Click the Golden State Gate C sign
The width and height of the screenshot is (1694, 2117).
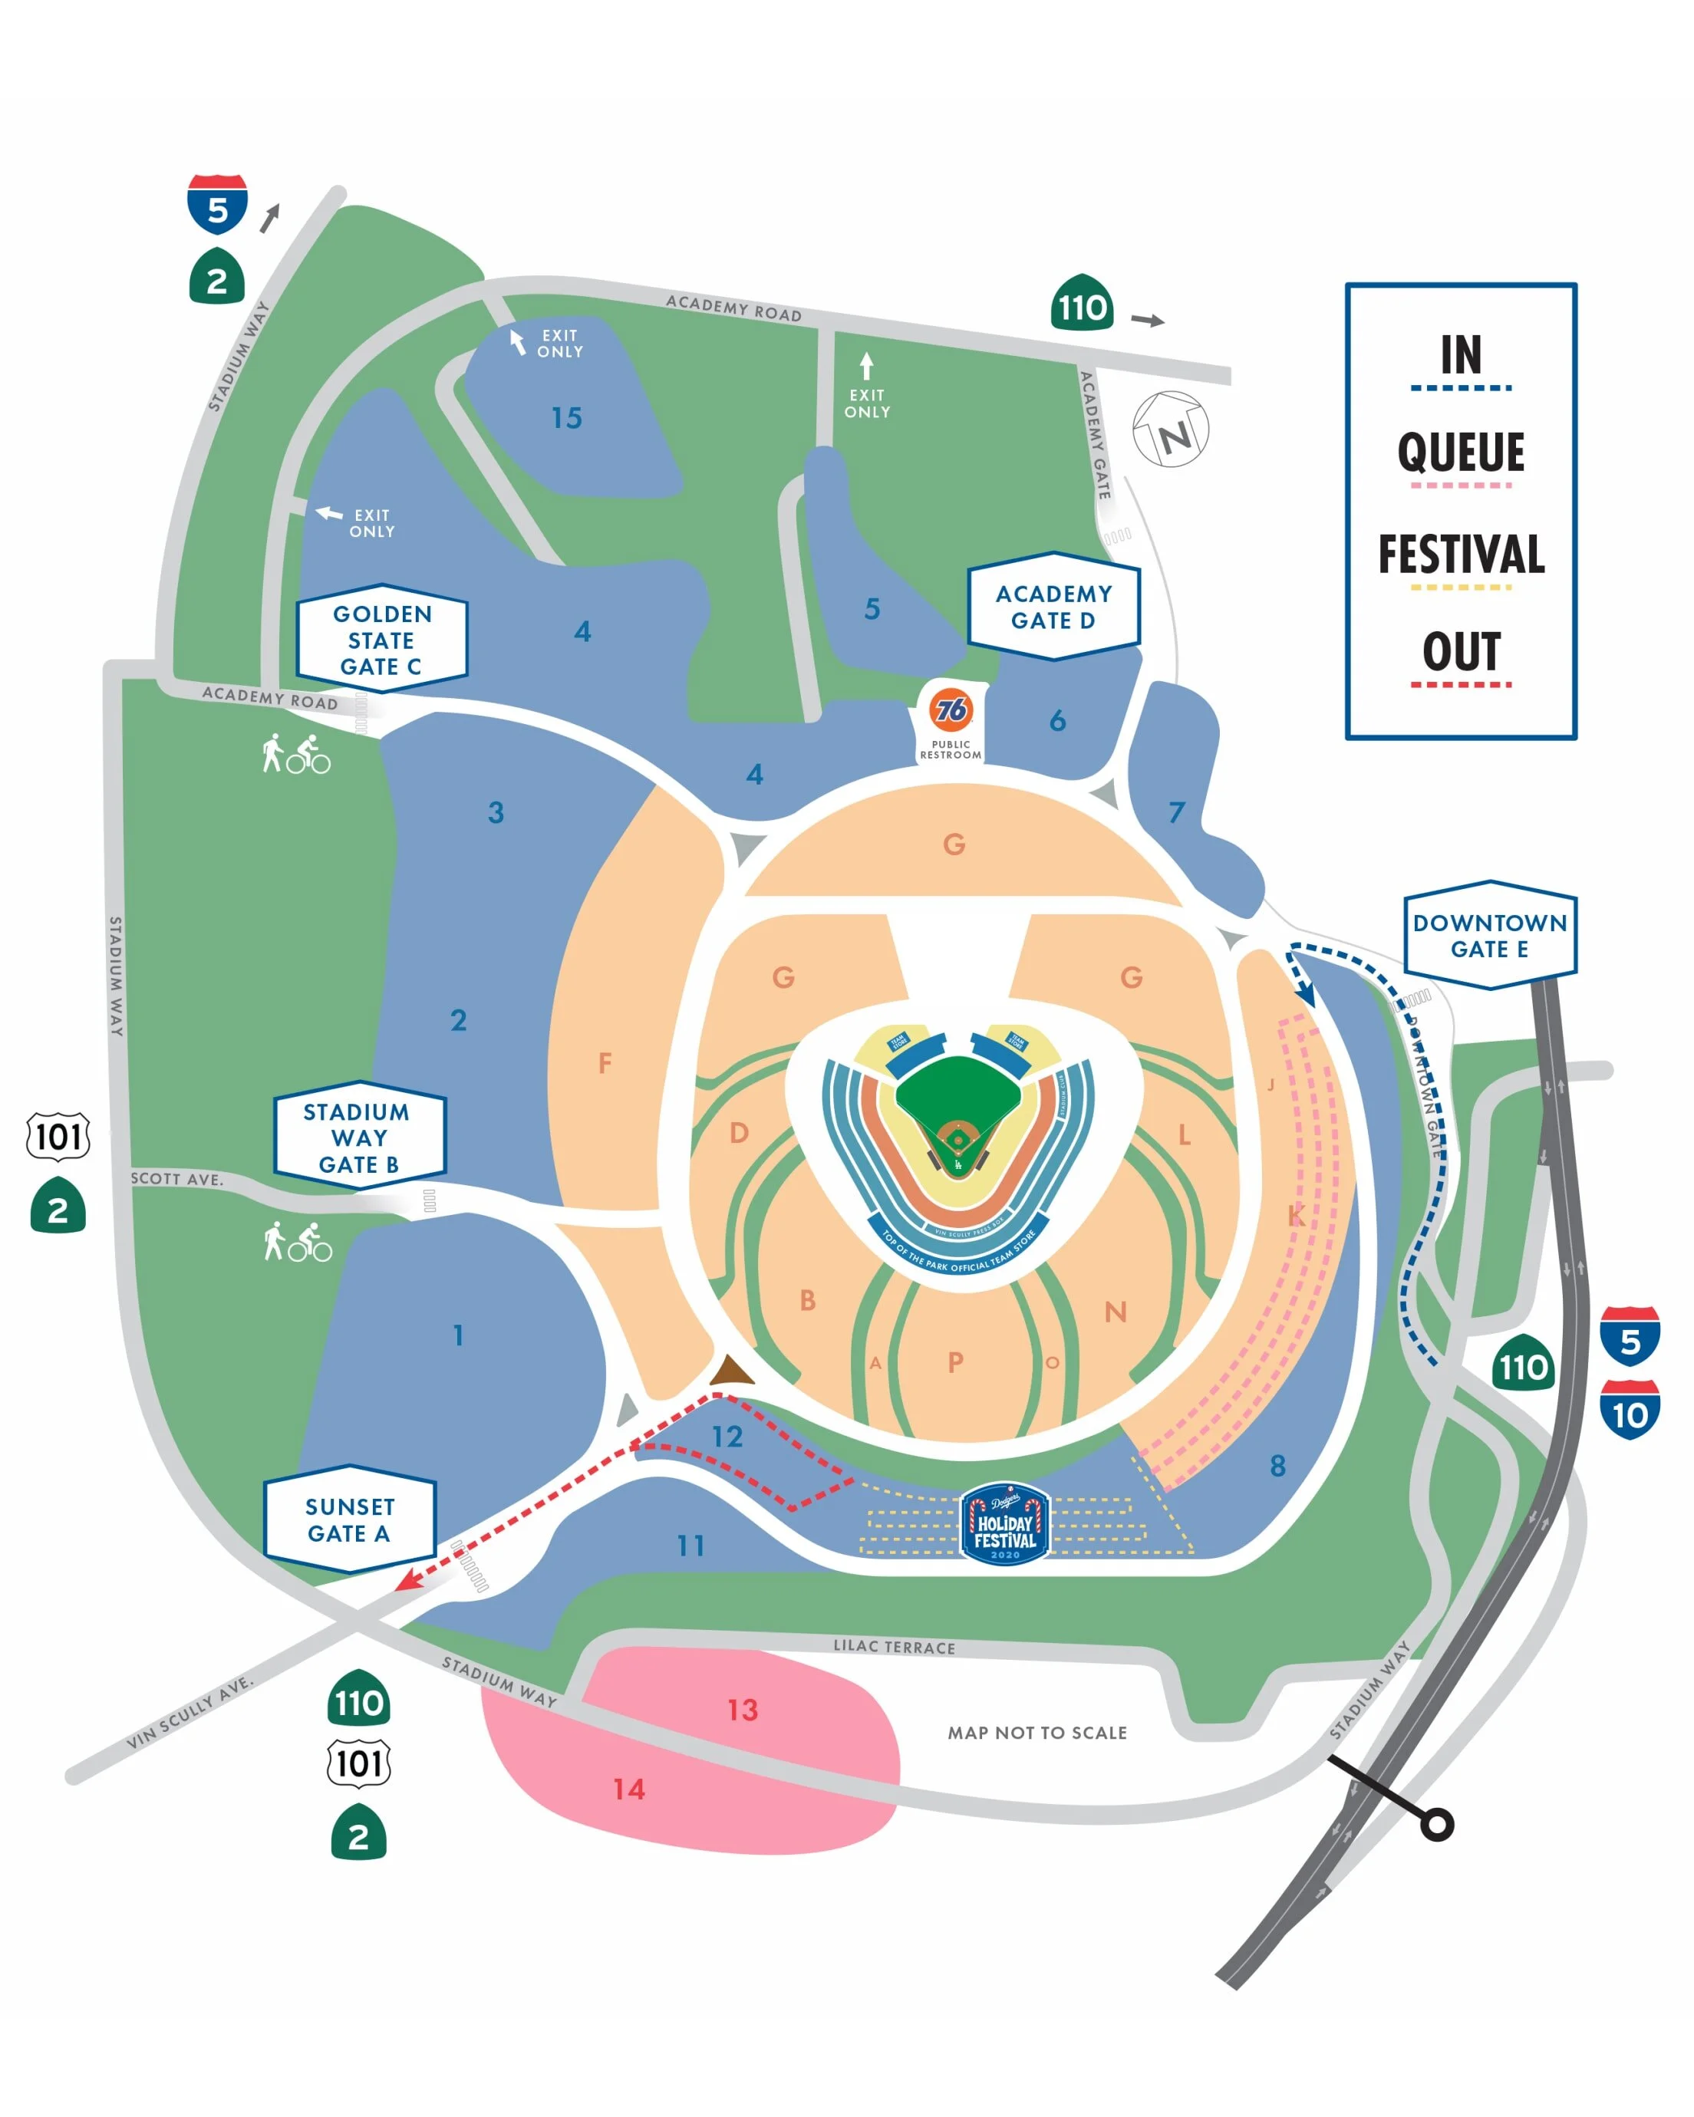coord(382,639)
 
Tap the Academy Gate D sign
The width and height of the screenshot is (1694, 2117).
coord(1053,607)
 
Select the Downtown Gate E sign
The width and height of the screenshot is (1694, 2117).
coord(1490,935)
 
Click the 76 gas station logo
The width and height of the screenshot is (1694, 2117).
coord(951,709)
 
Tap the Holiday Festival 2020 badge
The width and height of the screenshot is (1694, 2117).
coord(1004,1524)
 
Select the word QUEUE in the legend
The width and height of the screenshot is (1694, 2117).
coord(1460,453)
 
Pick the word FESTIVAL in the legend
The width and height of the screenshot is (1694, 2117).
coord(1460,555)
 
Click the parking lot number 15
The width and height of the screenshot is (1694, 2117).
coord(567,418)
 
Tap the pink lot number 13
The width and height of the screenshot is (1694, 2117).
coord(743,1710)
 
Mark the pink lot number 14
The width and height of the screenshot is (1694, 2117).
coord(628,1789)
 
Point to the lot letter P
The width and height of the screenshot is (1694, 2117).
coord(955,1362)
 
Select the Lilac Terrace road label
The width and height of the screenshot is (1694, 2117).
coord(894,1647)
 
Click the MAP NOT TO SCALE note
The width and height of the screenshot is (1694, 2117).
coord(1037,1733)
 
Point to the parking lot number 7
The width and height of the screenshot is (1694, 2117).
coord(1175,812)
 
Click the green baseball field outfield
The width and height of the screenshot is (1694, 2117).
coord(957,1090)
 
